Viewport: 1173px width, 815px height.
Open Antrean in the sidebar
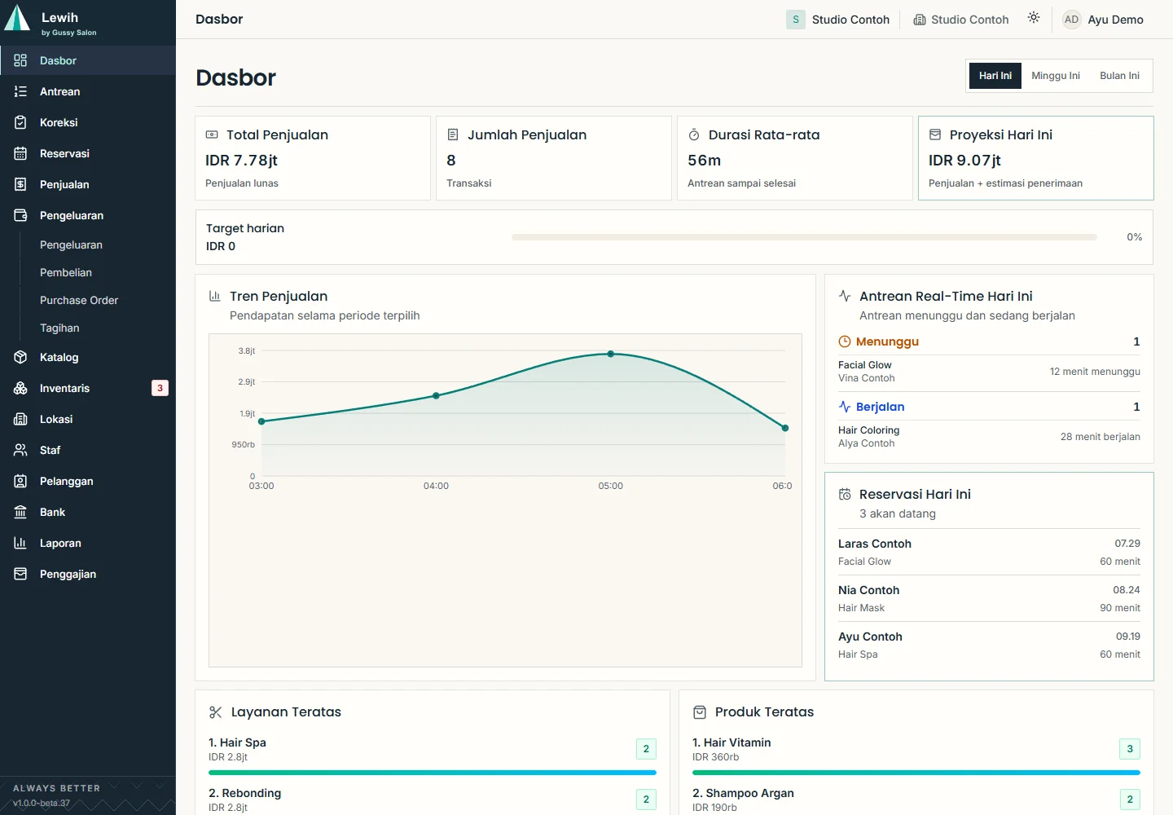[x=59, y=91]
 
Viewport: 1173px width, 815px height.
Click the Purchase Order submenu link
[x=79, y=300]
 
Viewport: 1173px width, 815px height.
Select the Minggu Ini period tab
[x=1055, y=76]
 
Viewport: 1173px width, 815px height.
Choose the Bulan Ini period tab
[x=1119, y=76]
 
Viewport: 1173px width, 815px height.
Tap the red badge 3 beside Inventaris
[x=160, y=388]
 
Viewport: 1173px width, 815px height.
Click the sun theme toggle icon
[x=1033, y=18]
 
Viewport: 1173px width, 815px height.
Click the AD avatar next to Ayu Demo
[x=1071, y=20]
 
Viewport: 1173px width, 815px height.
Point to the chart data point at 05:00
[x=611, y=354]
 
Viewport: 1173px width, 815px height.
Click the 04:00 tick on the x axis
[x=436, y=486]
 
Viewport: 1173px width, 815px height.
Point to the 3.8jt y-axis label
[x=246, y=350]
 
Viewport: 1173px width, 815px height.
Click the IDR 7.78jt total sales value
[x=241, y=161]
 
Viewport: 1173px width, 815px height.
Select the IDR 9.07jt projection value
[x=964, y=161]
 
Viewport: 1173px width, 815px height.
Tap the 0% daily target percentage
[x=1134, y=236]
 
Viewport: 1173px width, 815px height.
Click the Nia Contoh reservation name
[x=868, y=590]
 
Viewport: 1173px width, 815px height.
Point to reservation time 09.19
[x=1127, y=637]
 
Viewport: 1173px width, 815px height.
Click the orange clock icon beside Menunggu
[x=844, y=341]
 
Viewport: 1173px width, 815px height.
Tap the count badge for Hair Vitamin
[x=1130, y=749]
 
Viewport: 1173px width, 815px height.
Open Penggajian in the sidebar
[x=68, y=574]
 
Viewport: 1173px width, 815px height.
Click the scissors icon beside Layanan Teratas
[x=215, y=712]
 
